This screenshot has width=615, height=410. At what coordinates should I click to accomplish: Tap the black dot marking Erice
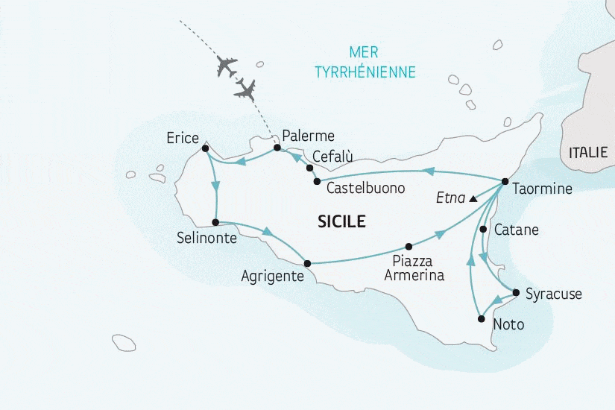(205, 148)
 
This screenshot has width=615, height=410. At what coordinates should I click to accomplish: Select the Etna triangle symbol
(473, 199)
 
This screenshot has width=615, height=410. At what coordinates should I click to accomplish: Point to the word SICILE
(341, 221)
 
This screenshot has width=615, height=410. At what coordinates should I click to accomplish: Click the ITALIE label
(588, 153)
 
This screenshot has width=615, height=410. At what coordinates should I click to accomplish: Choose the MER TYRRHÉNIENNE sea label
(365, 63)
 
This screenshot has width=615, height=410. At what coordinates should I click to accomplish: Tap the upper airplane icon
(226, 66)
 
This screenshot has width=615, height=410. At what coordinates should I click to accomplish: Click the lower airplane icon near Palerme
(245, 89)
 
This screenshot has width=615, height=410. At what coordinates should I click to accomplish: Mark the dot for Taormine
(505, 181)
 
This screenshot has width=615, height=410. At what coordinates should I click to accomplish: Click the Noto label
(509, 325)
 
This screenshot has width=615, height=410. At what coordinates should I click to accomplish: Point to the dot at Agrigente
(307, 262)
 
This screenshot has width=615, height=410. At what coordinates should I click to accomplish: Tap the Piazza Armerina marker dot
(408, 246)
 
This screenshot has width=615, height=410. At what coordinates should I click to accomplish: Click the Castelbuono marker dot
(318, 181)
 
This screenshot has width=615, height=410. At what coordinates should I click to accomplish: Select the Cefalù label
(332, 157)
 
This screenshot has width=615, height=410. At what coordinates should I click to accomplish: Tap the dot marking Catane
(484, 229)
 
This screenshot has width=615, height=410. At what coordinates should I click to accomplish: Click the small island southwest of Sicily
(124, 342)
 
